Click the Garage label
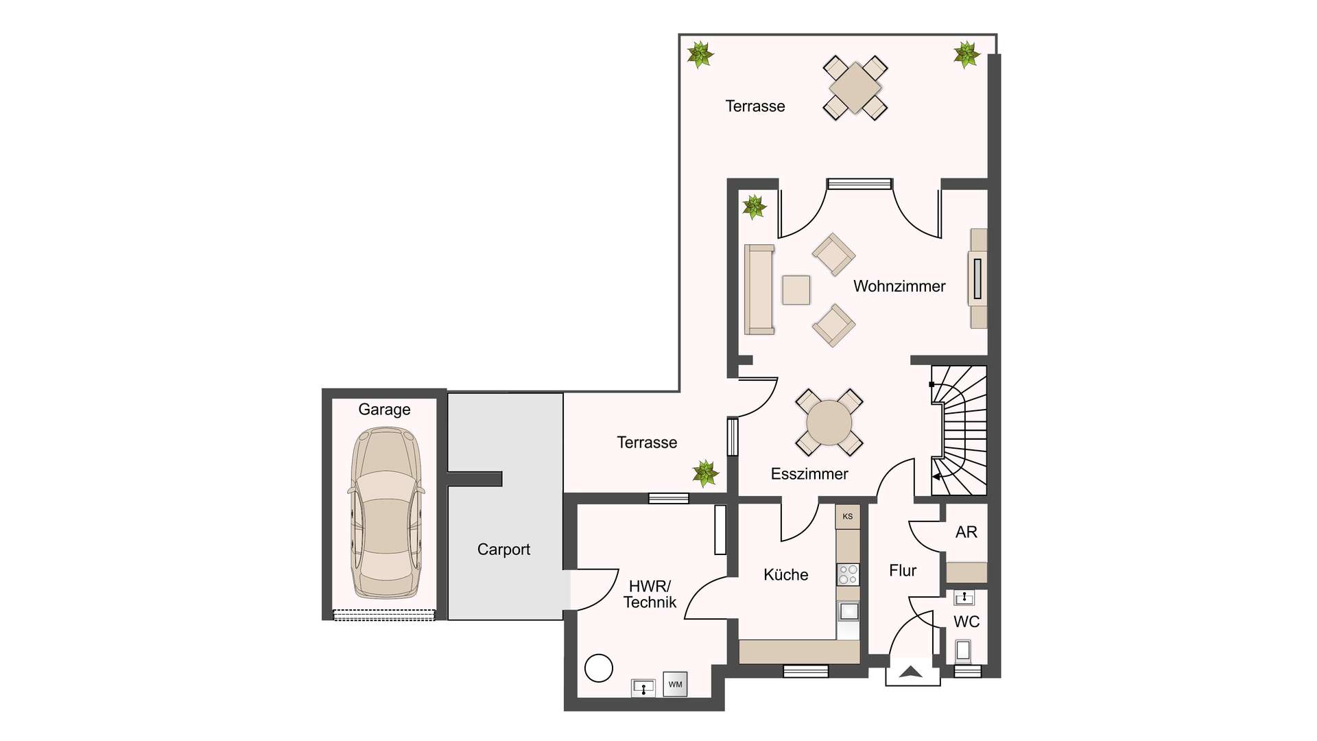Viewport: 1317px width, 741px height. (384, 410)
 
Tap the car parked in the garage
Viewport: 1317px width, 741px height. (386, 513)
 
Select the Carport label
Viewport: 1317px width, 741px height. (503, 550)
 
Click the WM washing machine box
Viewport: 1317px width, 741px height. (676, 684)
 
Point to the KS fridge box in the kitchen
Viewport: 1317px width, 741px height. (848, 517)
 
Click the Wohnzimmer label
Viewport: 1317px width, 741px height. (899, 286)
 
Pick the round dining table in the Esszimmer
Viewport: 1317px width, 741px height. (829, 423)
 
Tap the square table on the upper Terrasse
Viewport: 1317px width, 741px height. (855, 88)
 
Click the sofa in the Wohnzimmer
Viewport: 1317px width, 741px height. (759, 290)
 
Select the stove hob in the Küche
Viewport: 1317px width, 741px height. (849, 574)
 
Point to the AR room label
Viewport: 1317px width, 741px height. (966, 532)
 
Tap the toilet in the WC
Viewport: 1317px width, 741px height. (964, 650)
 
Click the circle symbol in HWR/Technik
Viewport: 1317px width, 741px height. (599, 668)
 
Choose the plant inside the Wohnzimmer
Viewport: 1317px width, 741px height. (754, 207)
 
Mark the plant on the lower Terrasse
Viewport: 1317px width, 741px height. (705, 473)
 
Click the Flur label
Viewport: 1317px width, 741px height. (903, 571)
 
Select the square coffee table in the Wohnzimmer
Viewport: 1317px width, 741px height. (796, 290)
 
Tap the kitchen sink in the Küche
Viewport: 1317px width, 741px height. (849, 611)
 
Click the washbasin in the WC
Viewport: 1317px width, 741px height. (964, 598)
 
